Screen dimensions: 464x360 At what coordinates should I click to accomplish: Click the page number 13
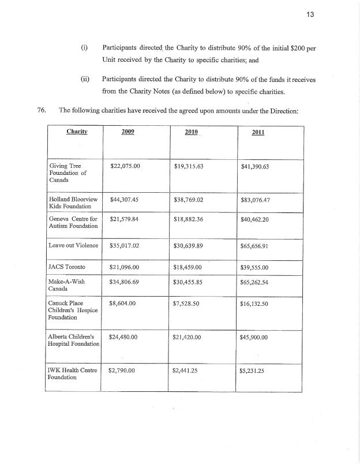click(342, 14)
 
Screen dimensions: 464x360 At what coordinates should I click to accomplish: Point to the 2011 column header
click(258, 133)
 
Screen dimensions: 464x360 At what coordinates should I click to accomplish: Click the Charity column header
click(76, 132)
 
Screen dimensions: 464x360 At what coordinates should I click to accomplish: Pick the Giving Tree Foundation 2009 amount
click(125, 166)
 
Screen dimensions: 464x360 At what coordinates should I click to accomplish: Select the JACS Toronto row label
click(67, 267)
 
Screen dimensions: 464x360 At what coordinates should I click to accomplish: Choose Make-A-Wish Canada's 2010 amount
click(189, 283)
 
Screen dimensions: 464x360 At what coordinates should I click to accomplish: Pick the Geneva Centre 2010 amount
click(189, 219)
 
